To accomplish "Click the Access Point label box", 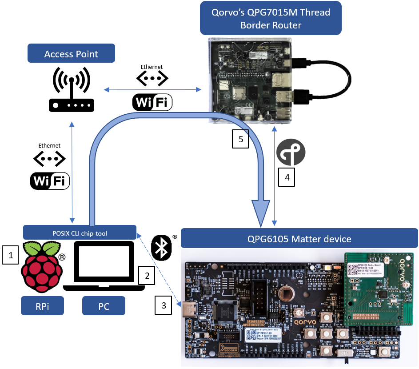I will pos(71,54).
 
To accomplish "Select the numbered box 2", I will pos(147,275).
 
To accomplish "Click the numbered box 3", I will pos(164,305).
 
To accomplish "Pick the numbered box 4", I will pos(287,176).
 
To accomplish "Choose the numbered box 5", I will pos(240,139).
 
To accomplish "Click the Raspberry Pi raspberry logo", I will pos(41,266).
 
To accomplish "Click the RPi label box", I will pos(42,307).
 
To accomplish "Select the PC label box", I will pos(104,307).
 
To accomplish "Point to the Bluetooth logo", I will pos(162,247).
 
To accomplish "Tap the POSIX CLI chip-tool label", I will pos(80,232).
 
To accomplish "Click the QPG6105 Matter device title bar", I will pos(299,239).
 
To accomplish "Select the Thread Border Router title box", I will pos(271,18).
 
